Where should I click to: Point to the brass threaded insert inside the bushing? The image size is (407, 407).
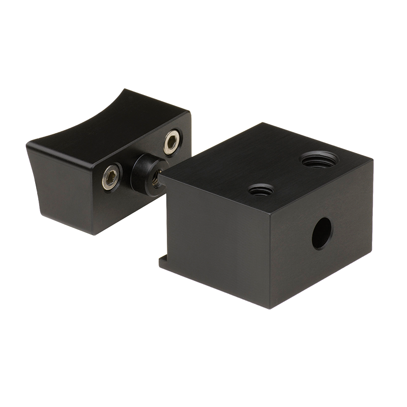pos(155,177)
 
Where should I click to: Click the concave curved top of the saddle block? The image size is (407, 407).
pos(86,120)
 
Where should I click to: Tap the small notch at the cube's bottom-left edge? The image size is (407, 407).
pos(164,263)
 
